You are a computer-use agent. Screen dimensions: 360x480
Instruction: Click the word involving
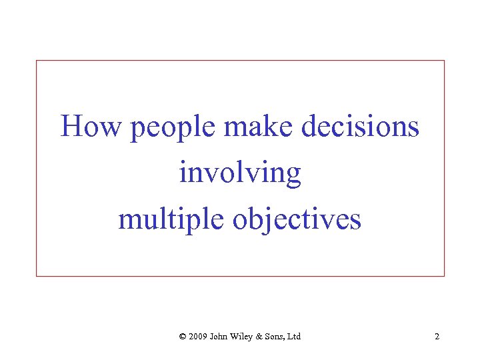(x=240, y=173)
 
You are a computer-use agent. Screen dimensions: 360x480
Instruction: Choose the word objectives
(x=297, y=221)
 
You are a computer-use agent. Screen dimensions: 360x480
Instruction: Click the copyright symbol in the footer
(x=183, y=337)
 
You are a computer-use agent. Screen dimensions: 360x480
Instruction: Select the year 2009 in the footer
(x=198, y=337)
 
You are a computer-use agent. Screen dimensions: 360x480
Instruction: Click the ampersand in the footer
(x=262, y=337)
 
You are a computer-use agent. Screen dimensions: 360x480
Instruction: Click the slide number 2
(x=437, y=337)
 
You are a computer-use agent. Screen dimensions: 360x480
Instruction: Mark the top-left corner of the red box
(x=36, y=61)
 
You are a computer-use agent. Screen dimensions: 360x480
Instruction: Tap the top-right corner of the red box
(x=444, y=61)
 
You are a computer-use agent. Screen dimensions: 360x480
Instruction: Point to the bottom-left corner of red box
(x=36, y=275)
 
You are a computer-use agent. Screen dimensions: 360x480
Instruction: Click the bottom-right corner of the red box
(x=444, y=275)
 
